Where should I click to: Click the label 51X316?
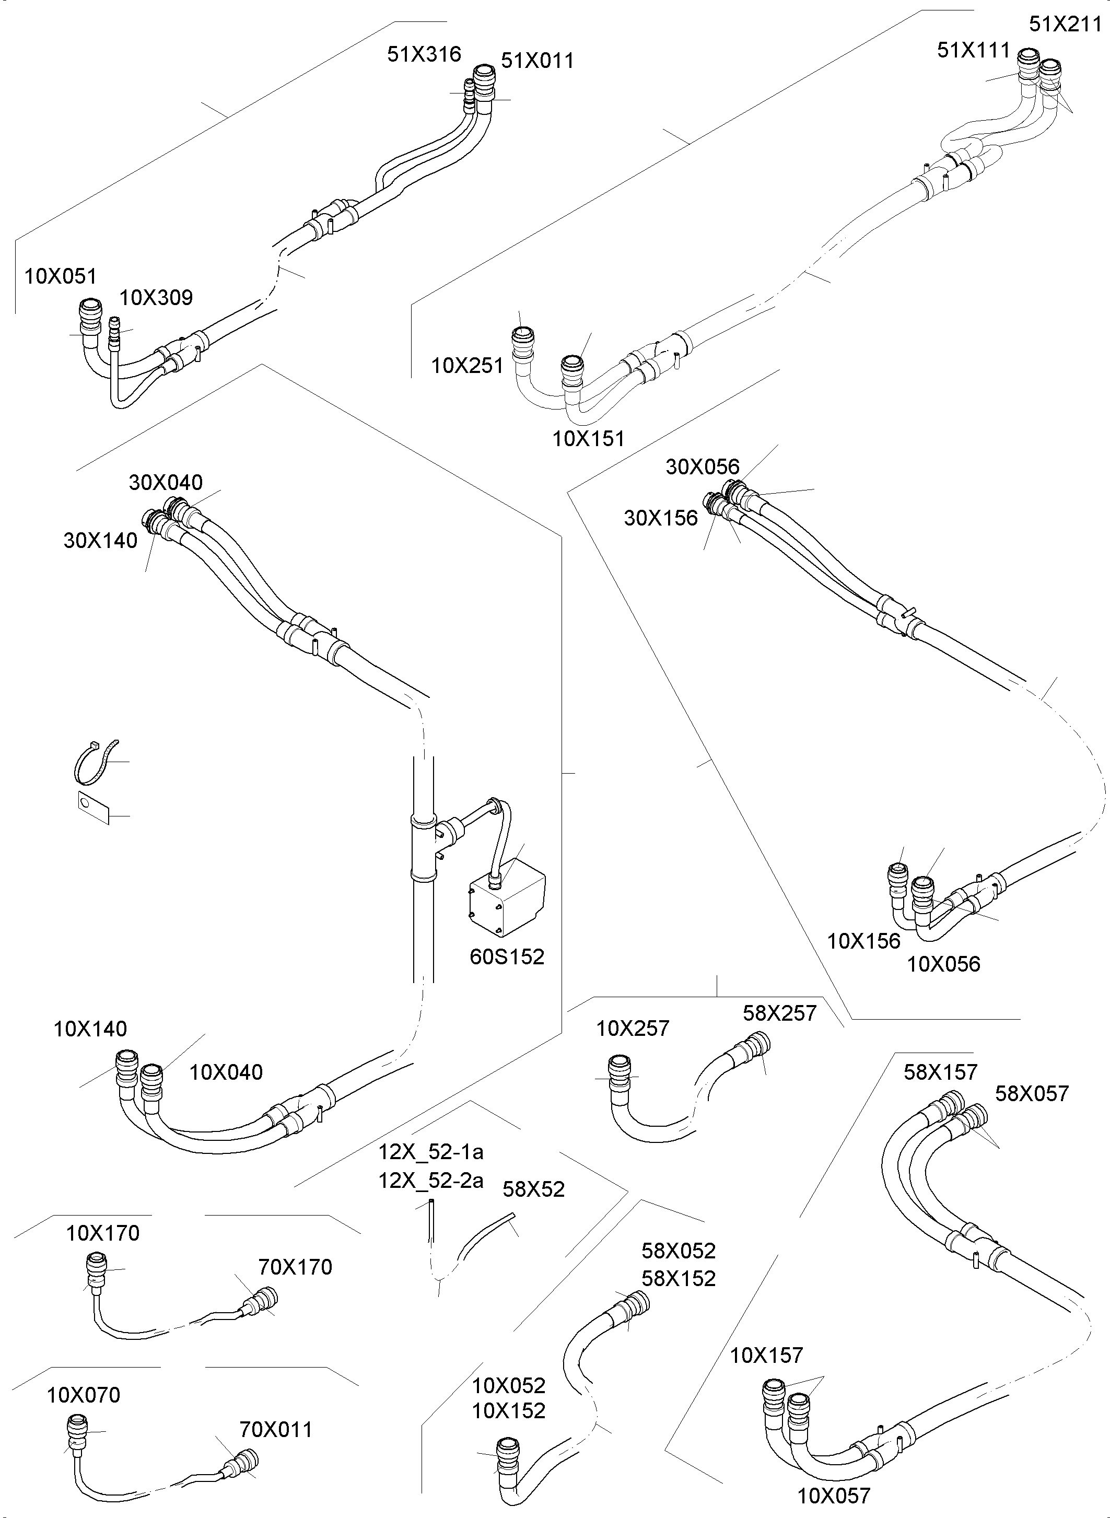click(424, 54)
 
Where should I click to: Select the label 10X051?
click(61, 276)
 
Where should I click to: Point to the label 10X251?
click(467, 366)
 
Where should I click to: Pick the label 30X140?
click(100, 540)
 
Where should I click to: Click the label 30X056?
click(702, 466)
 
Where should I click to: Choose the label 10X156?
click(863, 941)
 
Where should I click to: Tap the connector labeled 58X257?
click(753, 1048)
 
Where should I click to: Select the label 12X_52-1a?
click(430, 1152)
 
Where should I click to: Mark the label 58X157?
click(940, 1072)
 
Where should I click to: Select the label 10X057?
click(833, 1496)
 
